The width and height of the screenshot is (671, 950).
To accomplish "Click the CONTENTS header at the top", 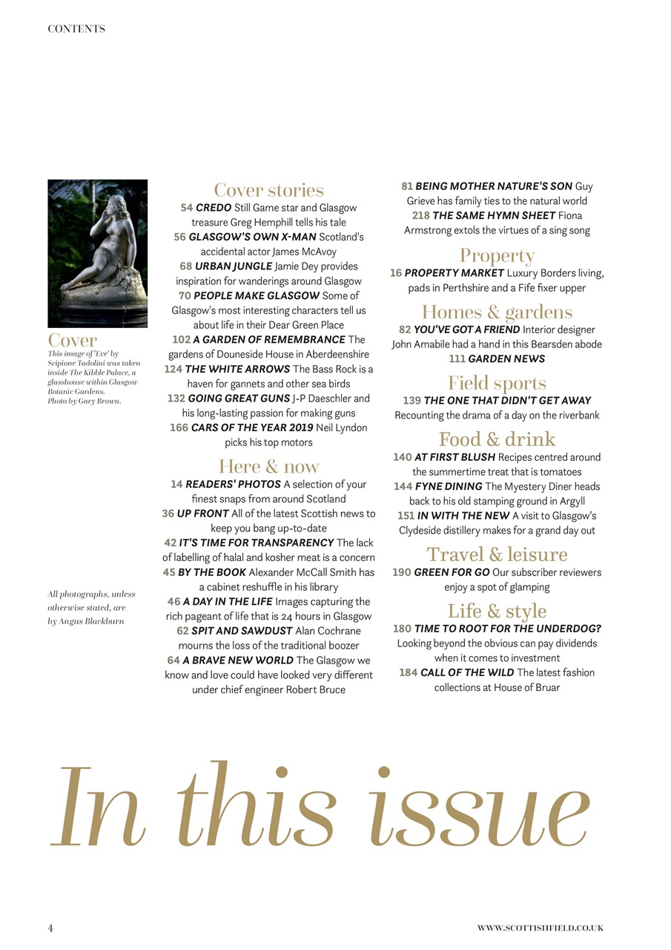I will (x=76, y=29).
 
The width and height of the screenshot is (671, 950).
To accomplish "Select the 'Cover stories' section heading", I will (x=268, y=191).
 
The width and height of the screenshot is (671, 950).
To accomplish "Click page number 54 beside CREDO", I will (x=187, y=208).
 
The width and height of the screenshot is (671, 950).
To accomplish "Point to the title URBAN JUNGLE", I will (x=234, y=266).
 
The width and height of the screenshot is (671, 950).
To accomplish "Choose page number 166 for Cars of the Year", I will (x=179, y=427).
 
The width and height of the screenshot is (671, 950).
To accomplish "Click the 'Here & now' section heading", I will (x=268, y=467).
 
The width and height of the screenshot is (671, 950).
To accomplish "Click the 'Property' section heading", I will (x=497, y=256).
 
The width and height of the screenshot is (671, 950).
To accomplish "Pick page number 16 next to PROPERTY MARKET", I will (x=396, y=273).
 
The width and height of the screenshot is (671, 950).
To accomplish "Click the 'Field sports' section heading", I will (x=497, y=384).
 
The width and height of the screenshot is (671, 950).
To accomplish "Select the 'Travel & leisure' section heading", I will (x=497, y=555).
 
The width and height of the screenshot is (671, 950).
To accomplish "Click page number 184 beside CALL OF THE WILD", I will (x=408, y=673).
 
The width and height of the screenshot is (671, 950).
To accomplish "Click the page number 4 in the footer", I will (x=50, y=928).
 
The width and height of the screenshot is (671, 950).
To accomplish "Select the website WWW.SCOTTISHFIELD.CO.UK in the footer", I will (x=540, y=928).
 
